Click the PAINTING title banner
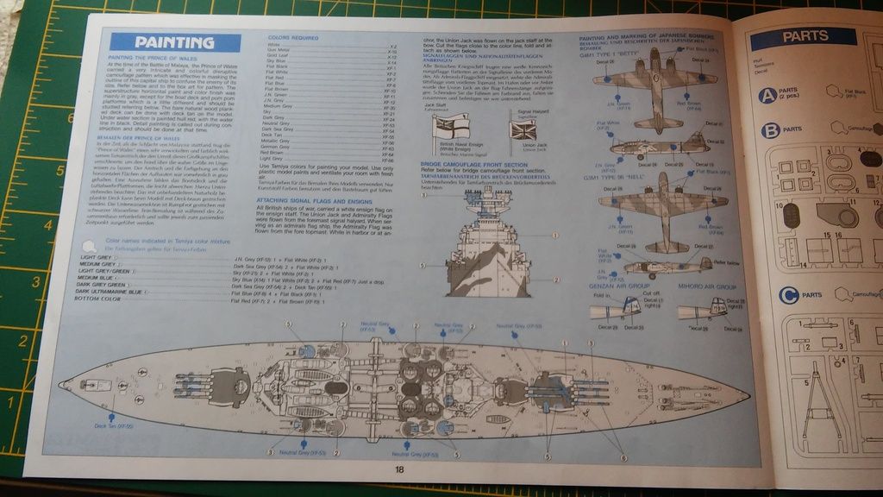174,43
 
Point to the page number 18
399,469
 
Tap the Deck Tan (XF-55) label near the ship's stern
114,426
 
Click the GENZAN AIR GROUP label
617,286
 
